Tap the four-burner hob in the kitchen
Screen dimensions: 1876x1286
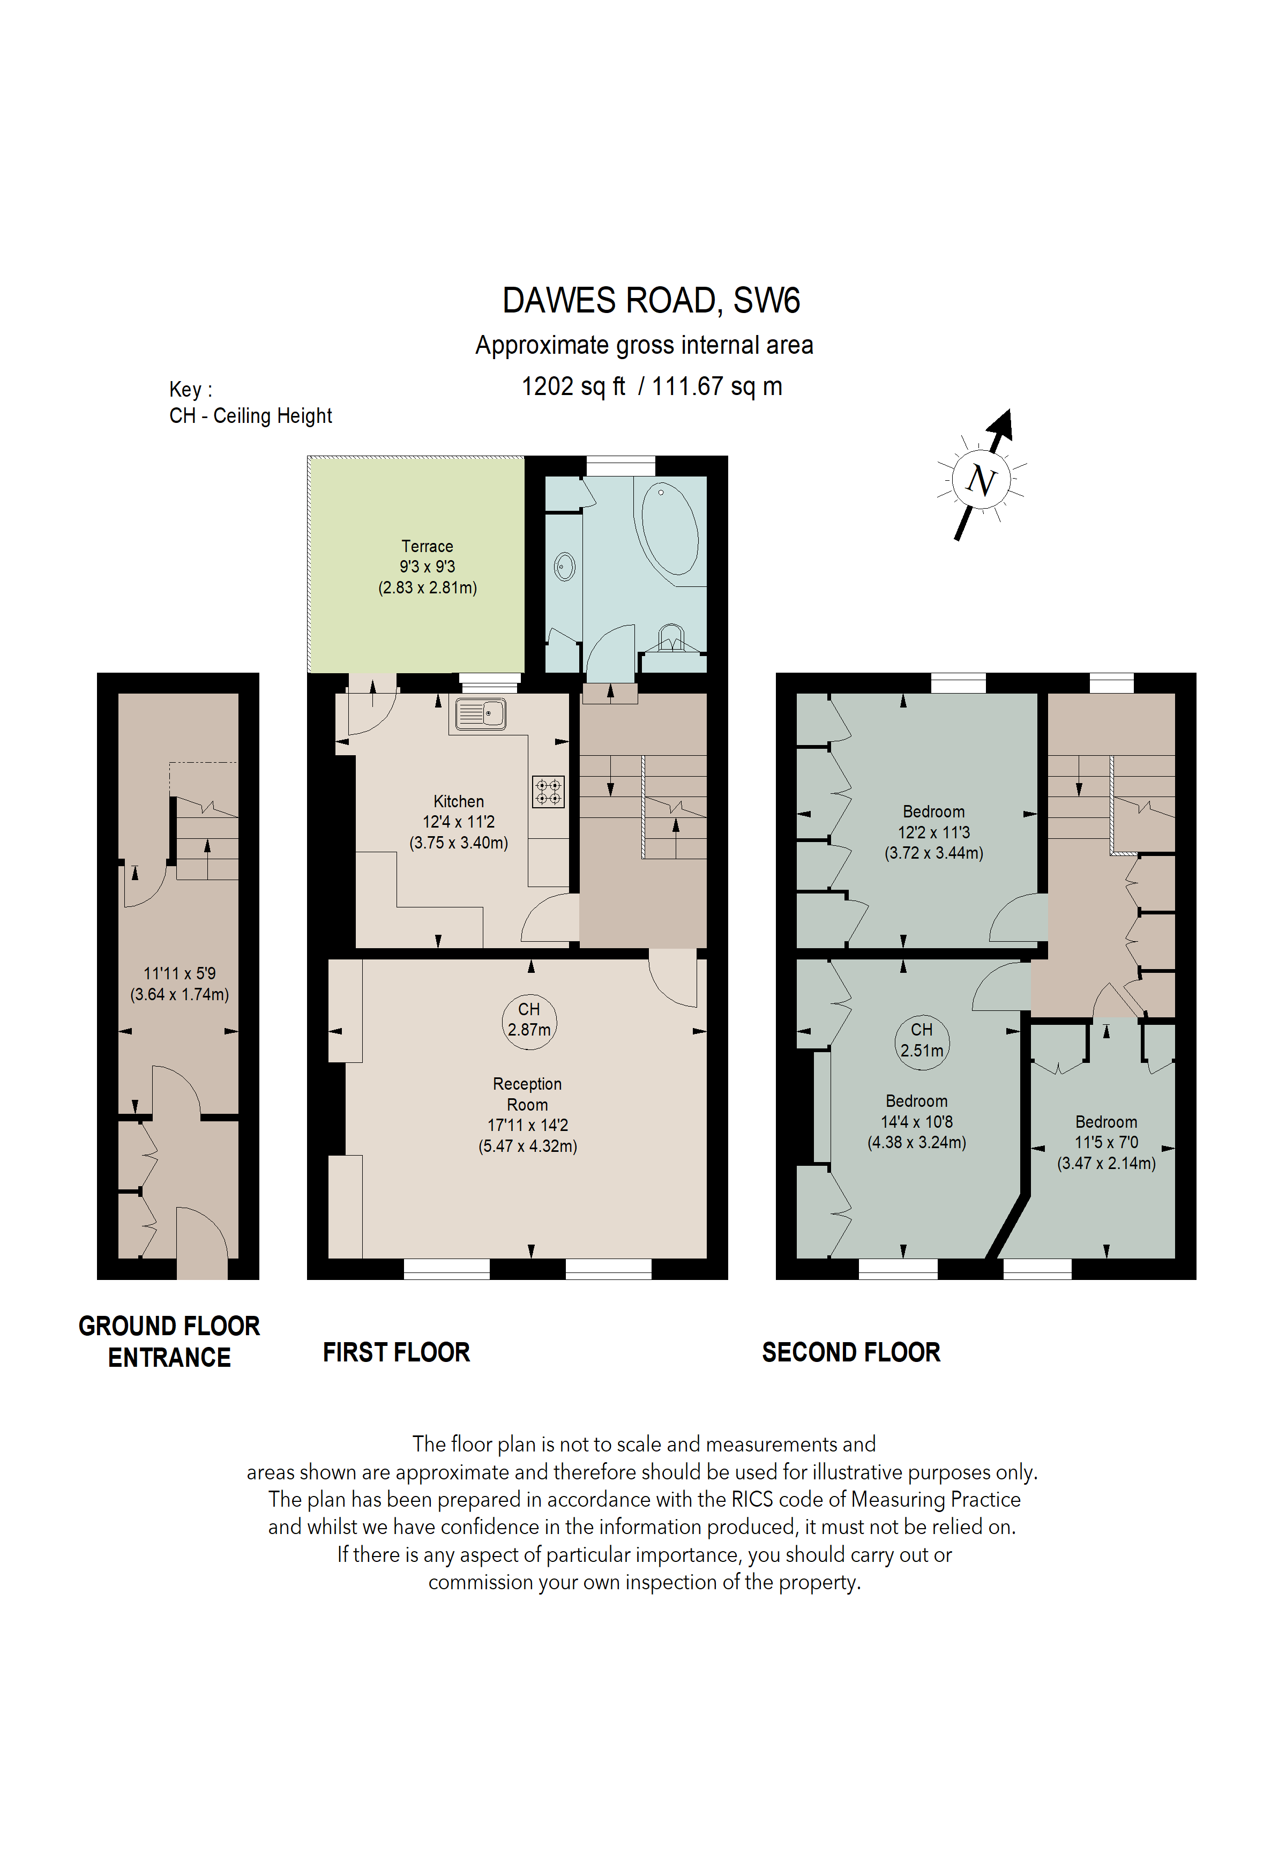549,791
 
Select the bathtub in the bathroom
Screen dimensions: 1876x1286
669,530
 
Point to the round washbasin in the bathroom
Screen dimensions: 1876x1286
565,567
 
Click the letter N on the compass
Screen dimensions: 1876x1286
981,481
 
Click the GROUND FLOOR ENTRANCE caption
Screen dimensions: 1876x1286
169,1341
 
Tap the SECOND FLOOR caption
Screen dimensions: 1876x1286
850,1352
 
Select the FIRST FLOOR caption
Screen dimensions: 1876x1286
396,1352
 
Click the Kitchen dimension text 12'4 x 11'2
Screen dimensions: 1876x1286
458,822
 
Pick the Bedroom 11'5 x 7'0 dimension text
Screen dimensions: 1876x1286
1105,1142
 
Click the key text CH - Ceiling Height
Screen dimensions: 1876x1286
250,416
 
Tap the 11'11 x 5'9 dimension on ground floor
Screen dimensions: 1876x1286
179,973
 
